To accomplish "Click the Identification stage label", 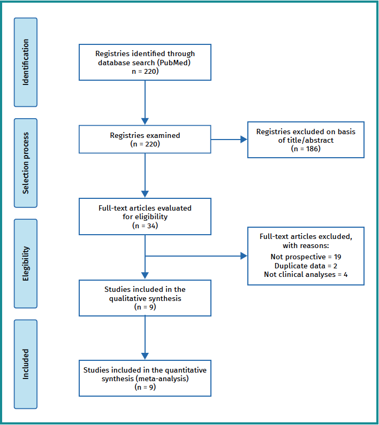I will (25, 62).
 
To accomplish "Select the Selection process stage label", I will (25, 163).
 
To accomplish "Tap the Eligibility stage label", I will (25, 263).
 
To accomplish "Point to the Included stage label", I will (25, 364).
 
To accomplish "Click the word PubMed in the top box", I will (175, 62).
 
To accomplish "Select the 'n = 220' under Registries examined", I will (145, 144).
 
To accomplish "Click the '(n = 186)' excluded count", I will (306, 149).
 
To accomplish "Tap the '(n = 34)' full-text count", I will (145, 226).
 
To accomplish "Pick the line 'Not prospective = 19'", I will (306, 257).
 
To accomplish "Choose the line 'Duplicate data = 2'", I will (306, 266).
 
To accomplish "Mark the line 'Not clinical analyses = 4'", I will (306, 274).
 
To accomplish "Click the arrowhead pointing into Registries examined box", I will (145, 121).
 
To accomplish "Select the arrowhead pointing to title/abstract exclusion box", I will (244, 140).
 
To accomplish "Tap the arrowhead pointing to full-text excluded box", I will (244, 256).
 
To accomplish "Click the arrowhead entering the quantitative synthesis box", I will (145, 356).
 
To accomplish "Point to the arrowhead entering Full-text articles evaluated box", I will (145, 194).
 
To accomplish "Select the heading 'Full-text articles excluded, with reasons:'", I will (306, 240).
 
